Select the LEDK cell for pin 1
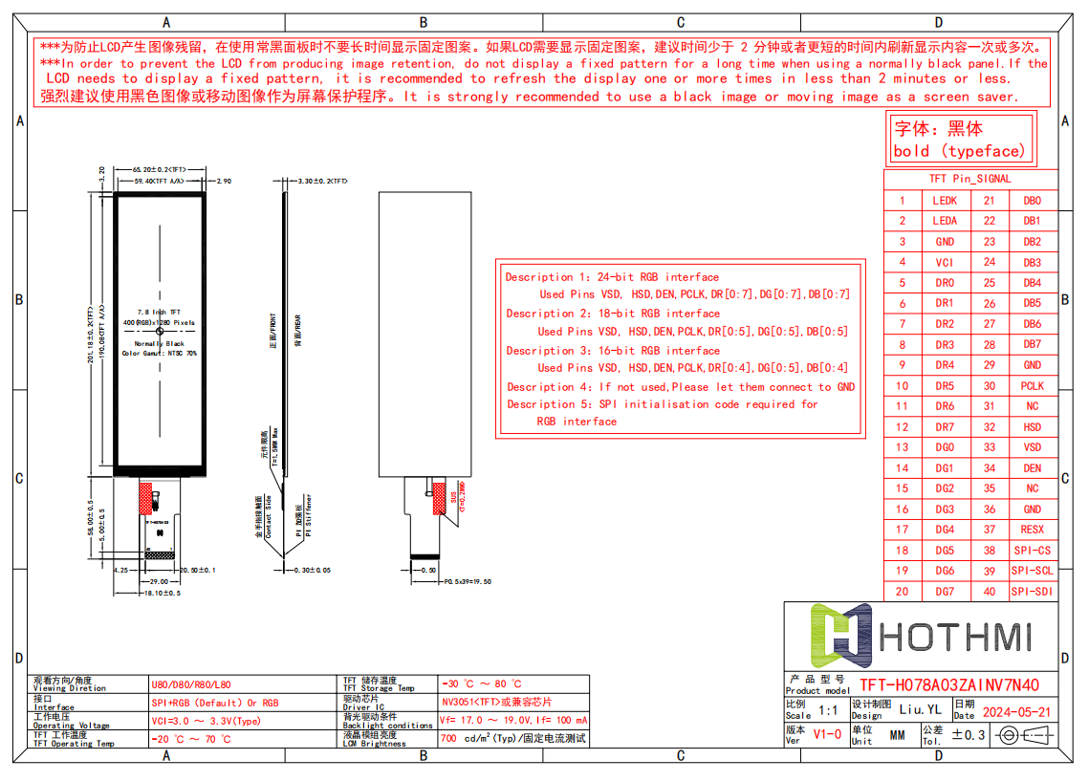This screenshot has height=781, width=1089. tap(944, 201)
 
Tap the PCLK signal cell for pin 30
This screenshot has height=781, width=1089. tap(1032, 386)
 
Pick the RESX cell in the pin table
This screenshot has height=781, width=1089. tap(1032, 530)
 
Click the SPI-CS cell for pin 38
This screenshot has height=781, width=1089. tap(1032, 551)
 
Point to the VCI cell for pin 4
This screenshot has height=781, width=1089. tap(944, 262)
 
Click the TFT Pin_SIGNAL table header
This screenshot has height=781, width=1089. tap(969, 179)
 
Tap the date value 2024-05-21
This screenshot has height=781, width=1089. tap(1016, 712)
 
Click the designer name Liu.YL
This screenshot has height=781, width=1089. tap(920, 709)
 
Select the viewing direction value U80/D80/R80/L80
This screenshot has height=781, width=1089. tap(191, 685)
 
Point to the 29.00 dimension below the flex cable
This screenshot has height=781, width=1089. tap(159, 581)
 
